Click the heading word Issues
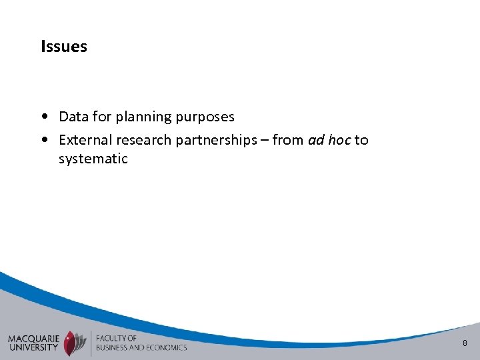(64, 47)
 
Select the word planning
(143, 117)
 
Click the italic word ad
(315, 140)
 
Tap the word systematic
(93, 159)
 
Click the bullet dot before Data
(43, 117)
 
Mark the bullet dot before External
(43, 141)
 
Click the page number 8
(465, 343)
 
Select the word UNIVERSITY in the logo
(33, 347)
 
